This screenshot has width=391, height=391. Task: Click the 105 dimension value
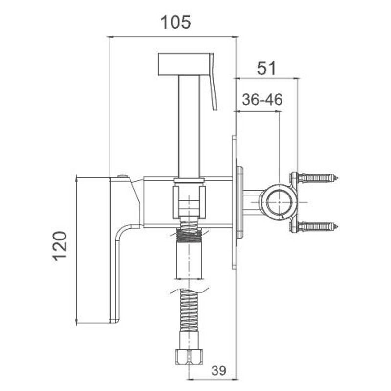[176, 22]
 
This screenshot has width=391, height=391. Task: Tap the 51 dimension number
[266, 68]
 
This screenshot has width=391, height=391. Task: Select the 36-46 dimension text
[262, 100]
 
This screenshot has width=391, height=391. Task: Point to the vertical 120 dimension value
[60, 246]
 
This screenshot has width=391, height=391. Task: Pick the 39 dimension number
[219, 370]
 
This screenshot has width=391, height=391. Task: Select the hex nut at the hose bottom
[190, 357]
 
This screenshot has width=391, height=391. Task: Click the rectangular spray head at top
[184, 64]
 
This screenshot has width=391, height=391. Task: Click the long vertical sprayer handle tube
[189, 127]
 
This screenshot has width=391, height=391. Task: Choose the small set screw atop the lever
[123, 176]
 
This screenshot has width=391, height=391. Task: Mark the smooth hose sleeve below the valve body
[190, 260]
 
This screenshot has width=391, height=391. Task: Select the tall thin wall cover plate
[234, 202]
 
